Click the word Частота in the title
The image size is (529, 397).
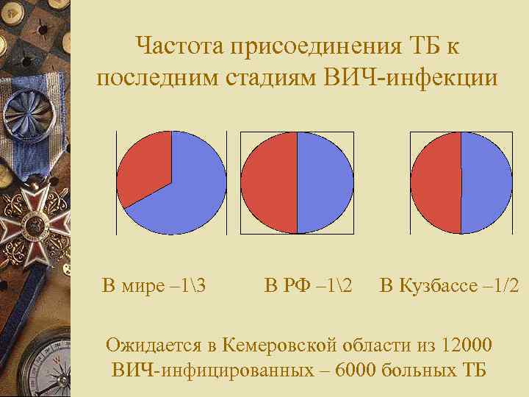pos(179,48)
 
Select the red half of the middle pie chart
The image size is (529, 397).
pos(269,182)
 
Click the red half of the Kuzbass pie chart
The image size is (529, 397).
pos(436,182)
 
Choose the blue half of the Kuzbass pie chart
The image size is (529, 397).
pos(486,182)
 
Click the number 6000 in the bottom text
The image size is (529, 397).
pos(359,368)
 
